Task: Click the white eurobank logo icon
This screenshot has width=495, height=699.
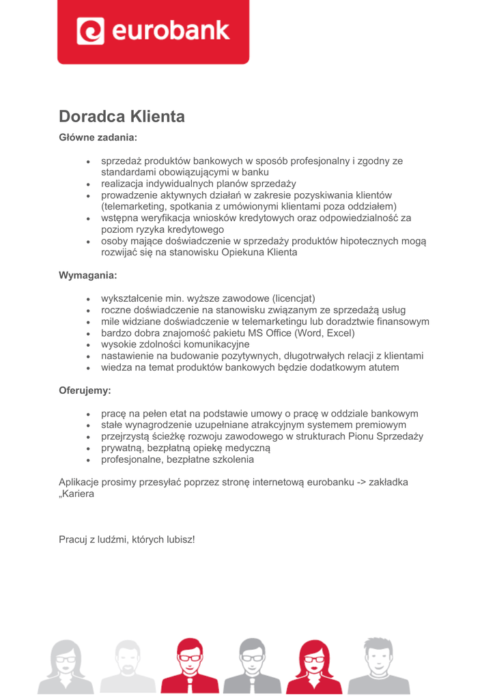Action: click(x=89, y=31)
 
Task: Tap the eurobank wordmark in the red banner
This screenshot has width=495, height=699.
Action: click(x=170, y=31)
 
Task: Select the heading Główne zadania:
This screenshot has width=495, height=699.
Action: click(x=98, y=137)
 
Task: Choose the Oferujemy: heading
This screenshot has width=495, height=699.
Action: click(x=85, y=391)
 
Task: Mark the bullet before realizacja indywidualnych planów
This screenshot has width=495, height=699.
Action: click(x=89, y=184)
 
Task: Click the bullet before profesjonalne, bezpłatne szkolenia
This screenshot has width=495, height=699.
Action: click(x=89, y=460)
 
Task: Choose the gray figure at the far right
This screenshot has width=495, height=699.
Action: click(x=378, y=666)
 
